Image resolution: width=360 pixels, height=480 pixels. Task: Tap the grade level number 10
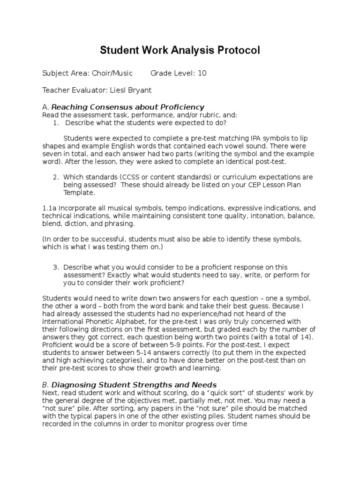click(202, 73)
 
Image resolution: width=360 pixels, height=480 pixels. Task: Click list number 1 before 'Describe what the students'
click(55, 123)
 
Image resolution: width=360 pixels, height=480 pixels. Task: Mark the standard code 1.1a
click(50, 207)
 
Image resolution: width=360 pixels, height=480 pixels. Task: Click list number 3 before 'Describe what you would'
click(55, 254)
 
